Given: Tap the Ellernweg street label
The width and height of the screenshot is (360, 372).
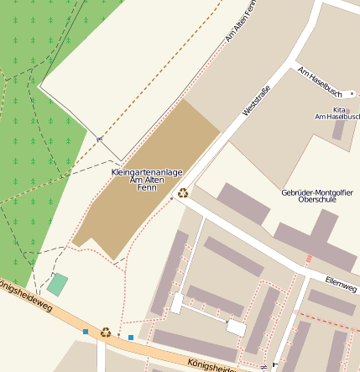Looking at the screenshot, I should point(342,288).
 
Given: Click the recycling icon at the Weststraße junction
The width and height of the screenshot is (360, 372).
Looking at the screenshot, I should point(183,192).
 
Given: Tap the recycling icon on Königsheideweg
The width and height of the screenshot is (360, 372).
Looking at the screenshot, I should point(106,333).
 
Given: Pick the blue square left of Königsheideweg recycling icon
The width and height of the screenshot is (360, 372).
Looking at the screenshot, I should point(85,332).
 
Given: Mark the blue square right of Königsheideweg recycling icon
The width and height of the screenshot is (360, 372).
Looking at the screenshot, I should point(131,338).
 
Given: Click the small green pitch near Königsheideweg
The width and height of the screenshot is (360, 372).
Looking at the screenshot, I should point(57,285).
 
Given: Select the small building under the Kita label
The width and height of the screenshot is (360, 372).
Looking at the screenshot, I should point(337,129).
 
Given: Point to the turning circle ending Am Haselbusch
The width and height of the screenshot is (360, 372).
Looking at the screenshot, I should point(353,93).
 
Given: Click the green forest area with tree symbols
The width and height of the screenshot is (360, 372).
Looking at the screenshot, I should point(34,126).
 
